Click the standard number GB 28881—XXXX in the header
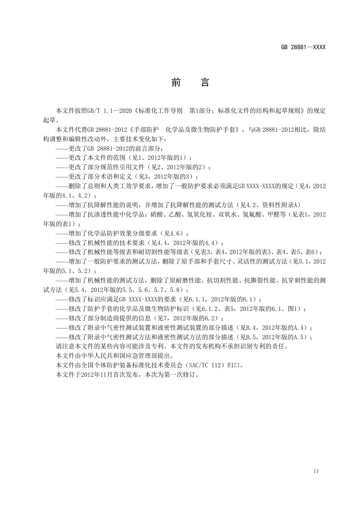click(303, 47)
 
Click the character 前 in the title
click(176, 83)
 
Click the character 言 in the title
click(205, 83)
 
